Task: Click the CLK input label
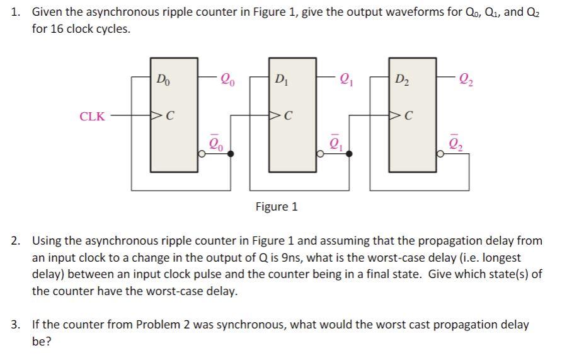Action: (92, 116)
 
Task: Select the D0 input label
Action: (163, 79)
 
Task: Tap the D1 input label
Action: (281, 79)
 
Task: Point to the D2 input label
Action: (401, 79)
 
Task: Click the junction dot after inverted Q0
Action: (231, 153)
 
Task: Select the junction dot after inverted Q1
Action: (350, 153)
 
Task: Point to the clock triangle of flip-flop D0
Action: (154, 116)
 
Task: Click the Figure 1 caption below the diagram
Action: (277, 206)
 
